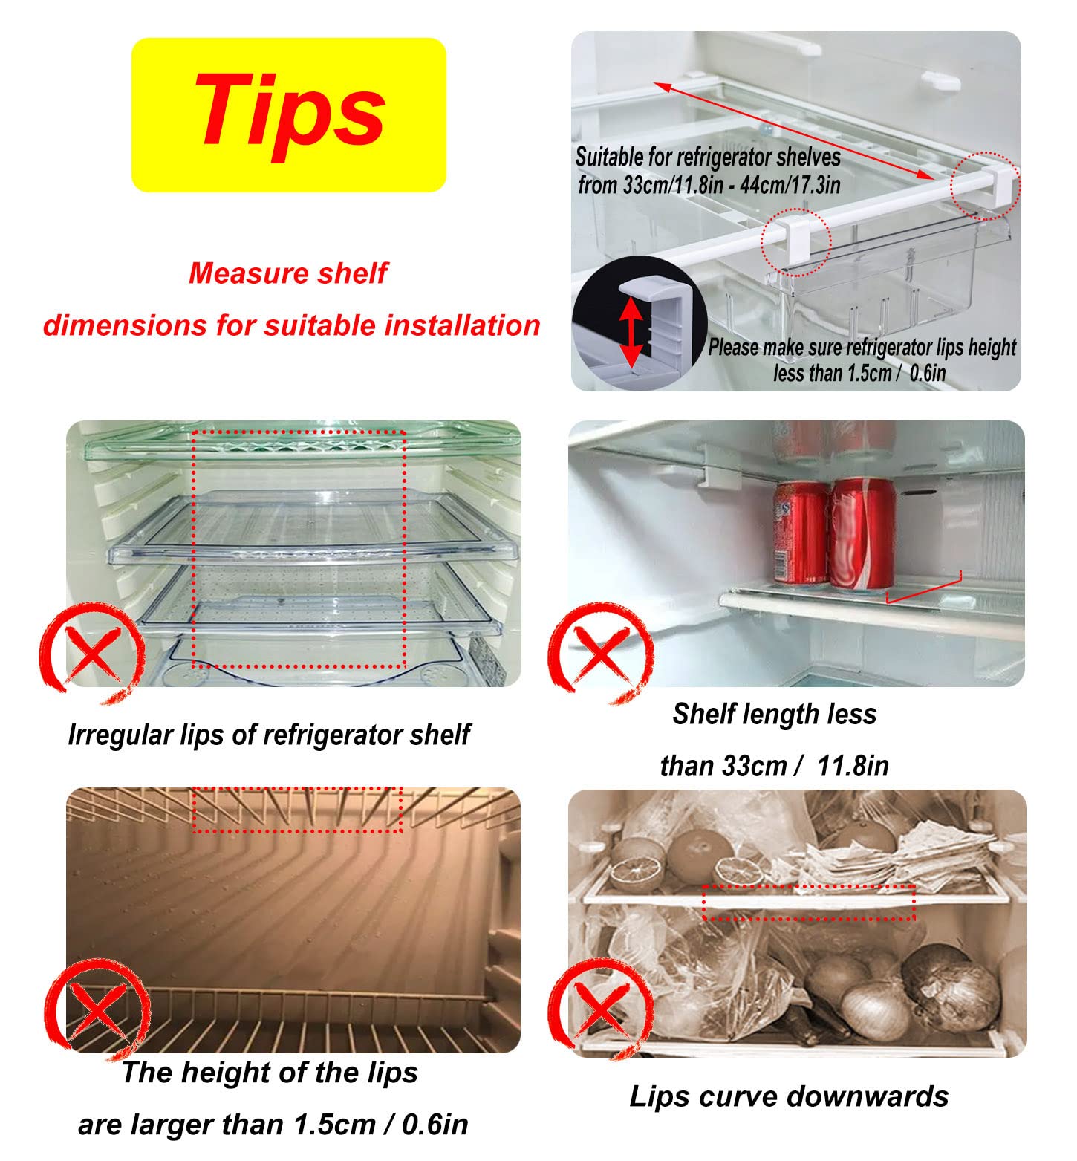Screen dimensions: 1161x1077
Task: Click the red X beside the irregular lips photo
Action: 91,651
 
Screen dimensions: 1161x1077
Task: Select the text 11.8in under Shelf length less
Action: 853,765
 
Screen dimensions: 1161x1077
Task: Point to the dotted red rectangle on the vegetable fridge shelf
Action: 809,903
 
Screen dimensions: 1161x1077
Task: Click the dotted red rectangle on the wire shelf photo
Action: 297,809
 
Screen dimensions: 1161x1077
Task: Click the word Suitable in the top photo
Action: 608,157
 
